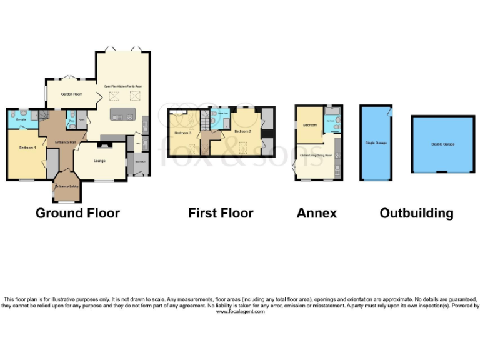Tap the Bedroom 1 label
26,147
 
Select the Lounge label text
99,161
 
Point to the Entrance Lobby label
66,186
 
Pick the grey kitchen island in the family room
121,114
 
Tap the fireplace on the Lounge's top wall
106,145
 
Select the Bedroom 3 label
182,132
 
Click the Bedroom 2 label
242,132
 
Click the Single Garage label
376,142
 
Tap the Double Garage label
442,144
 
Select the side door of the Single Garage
389,111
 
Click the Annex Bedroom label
310,126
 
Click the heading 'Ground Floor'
77,213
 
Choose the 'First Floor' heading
221,213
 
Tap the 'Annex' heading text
316,213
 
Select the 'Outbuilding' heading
416,213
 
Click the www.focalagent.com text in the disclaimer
240,311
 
